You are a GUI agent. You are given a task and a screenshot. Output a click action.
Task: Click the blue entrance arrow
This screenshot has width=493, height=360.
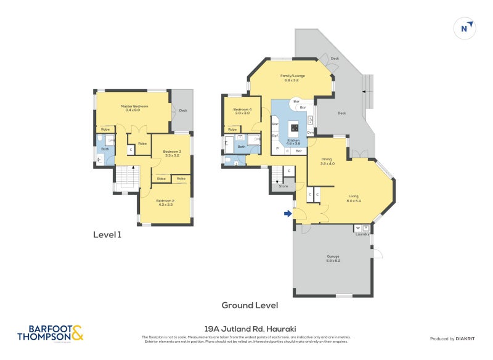[288, 214]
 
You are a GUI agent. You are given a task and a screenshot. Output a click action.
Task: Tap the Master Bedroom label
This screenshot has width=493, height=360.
[132, 108]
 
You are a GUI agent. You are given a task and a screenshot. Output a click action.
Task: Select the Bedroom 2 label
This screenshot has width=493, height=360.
[165, 202]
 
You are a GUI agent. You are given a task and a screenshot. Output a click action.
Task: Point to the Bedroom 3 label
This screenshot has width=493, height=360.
[172, 153]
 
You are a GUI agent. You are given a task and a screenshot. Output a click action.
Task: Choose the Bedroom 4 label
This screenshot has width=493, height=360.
[242, 111]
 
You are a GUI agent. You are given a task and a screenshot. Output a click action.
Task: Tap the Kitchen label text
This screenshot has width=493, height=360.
[293, 141]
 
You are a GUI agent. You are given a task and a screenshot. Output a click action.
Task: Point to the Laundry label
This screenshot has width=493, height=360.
[362, 234]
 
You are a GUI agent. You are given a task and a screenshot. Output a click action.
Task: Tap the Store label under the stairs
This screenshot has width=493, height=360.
[283, 186]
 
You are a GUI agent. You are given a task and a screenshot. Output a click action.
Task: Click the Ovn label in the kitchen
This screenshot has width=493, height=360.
[310, 132]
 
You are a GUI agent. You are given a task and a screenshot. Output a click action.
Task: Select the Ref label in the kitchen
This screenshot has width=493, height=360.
[275, 136]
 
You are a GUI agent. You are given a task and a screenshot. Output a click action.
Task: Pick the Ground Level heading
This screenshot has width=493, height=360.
[250, 305]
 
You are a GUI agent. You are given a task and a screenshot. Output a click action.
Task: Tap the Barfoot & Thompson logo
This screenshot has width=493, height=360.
[49, 333]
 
